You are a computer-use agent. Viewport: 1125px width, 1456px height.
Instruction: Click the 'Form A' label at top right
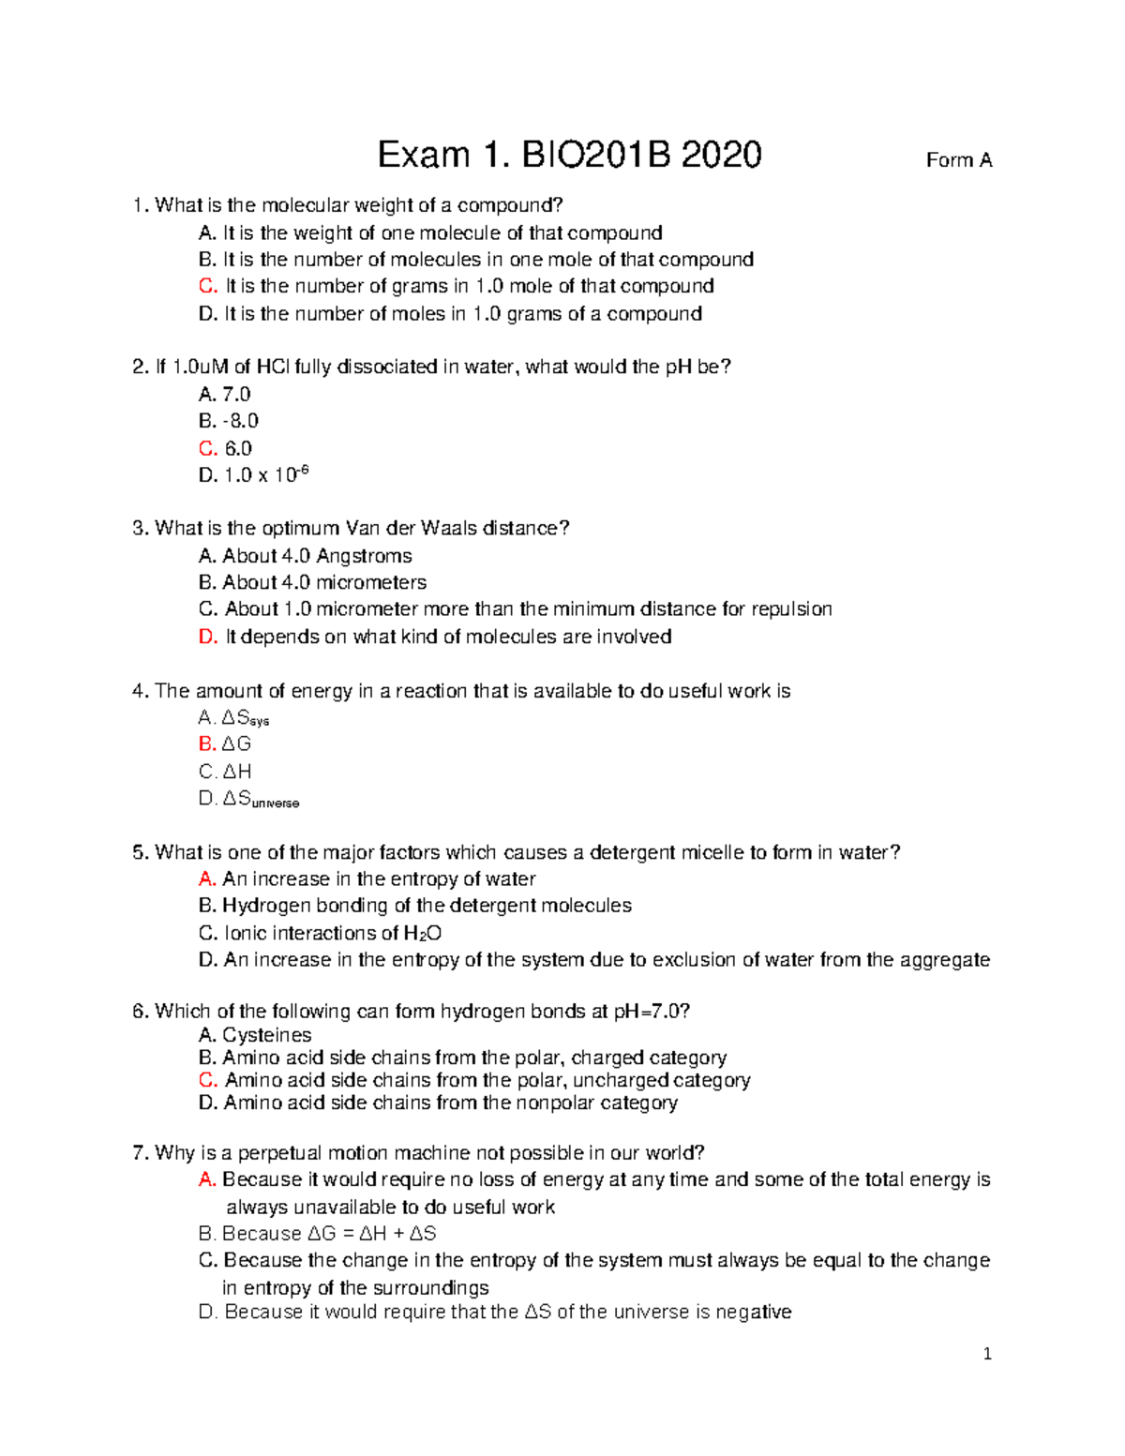click(958, 160)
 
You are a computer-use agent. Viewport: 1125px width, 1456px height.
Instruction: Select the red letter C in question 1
click(207, 286)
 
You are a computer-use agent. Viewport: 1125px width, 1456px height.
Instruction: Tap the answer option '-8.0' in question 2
click(240, 421)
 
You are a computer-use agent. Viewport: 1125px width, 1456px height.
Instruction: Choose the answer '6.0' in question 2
click(238, 448)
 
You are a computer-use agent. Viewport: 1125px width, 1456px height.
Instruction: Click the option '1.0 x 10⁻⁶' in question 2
click(266, 475)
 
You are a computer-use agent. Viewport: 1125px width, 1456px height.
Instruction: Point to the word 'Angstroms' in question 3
click(364, 556)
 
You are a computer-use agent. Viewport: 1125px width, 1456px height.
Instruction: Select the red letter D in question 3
click(207, 637)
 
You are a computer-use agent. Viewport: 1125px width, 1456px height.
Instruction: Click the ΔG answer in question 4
click(236, 743)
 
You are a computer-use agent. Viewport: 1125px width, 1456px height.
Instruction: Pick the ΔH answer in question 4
click(236, 772)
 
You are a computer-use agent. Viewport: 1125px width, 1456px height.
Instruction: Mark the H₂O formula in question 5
click(422, 933)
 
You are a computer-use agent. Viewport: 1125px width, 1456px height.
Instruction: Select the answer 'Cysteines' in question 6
click(266, 1035)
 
